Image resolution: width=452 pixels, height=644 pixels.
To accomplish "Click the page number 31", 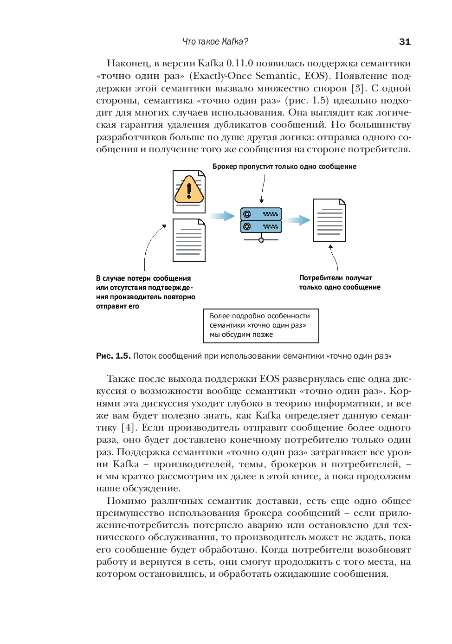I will (405, 42).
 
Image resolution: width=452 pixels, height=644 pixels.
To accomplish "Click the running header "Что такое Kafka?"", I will (215, 42).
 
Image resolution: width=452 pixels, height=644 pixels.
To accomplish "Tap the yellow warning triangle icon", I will (189, 190).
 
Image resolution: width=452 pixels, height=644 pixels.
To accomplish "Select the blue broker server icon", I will (261, 220).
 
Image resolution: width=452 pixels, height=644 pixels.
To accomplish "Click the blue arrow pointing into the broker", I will (222, 216).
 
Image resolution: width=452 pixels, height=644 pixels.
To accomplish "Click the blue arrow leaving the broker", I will (297, 220).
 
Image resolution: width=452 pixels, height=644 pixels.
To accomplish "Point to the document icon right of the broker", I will (329, 220).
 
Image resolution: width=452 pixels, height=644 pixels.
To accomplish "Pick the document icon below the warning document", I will (189, 240).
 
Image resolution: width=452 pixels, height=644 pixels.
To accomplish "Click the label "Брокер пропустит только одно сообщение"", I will (284, 167).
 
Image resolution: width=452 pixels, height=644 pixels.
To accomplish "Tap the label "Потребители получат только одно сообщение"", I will (339, 283).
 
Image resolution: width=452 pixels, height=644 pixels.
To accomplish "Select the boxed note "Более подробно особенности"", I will (261, 326).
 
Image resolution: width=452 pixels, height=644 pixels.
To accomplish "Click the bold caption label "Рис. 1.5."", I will (113, 356).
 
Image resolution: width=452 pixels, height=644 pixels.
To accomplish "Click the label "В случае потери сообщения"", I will (143, 278).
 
